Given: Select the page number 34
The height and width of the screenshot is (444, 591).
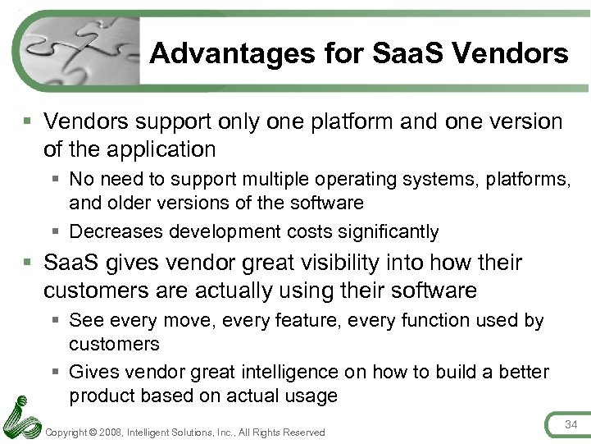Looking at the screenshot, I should pos(571,423).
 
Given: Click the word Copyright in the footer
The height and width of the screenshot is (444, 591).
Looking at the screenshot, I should pos(69,433).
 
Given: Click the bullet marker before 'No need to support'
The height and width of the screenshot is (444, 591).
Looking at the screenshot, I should pos(56,179).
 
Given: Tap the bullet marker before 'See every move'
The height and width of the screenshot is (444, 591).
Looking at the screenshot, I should pos(56,320).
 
